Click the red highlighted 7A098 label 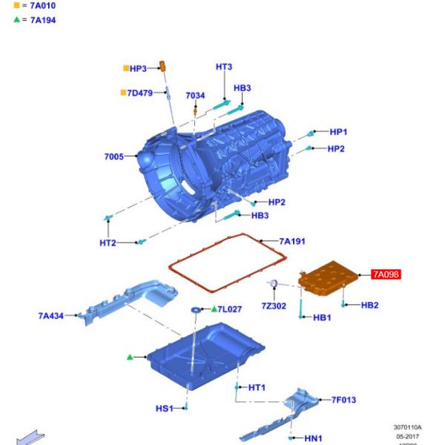click(x=386, y=274)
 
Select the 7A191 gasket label click(x=292, y=241)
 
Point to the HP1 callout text click(x=338, y=132)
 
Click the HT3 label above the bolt click(x=224, y=67)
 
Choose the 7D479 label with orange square click(x=139, y=93)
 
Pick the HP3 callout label click(x=138, y=68)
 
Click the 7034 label click(x=195, y=96)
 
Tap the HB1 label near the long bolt click(x=322, y=317)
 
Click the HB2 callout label click(x=370, y=305)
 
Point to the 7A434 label click(x=51, y=316)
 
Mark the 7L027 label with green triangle click(x=229, y=309)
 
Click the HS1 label click(x=164, y=409)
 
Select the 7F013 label click(x=343, y=400)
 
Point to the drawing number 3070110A click(x=407, y=427)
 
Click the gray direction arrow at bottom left click(x=30, y=438)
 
